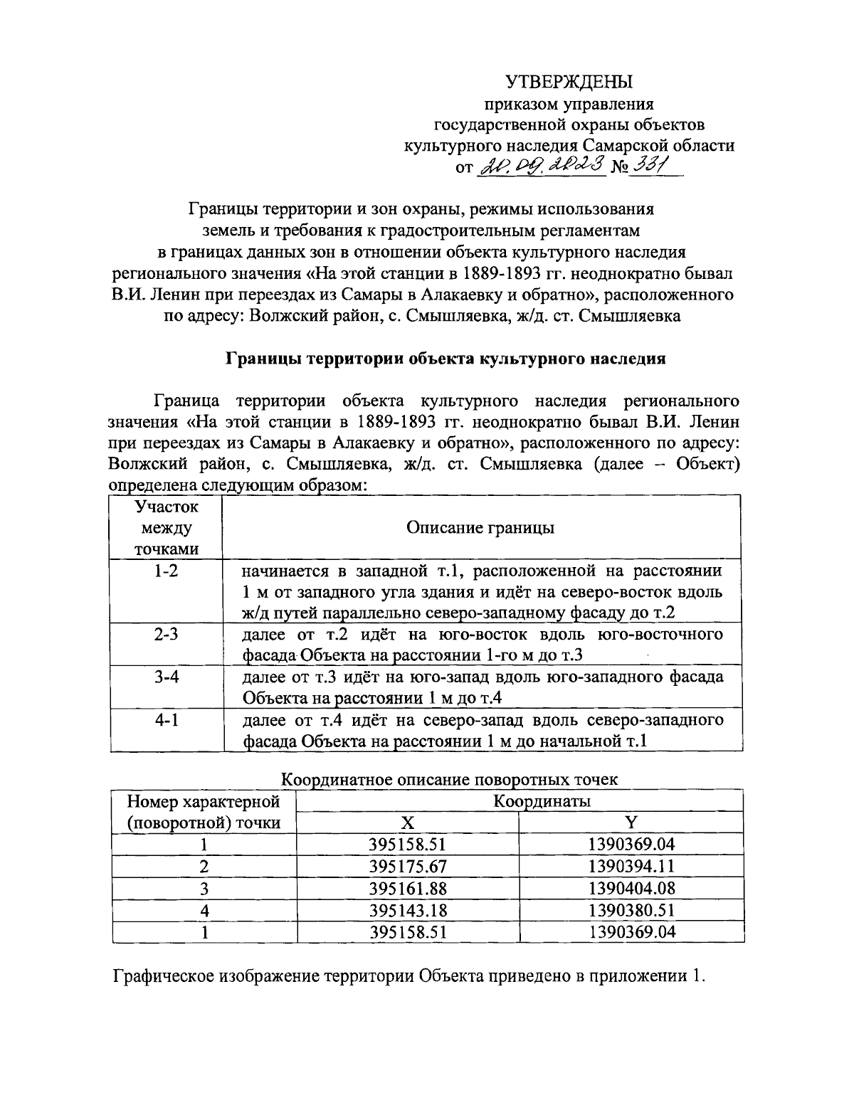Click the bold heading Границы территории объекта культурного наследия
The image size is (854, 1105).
(x=446, y=359)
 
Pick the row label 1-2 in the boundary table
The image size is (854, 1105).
(x=166, y=571)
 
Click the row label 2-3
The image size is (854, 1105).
(x=166, y=634)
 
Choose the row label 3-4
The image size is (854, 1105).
(x=166, y=677)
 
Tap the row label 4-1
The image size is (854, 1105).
(x=166, y=719)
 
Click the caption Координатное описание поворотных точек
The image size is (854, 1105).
(x=450, y=779)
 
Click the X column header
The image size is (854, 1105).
(x=407, y=823)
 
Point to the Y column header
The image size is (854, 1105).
(x=631, y=823)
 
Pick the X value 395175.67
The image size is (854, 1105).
(x=407, y=867)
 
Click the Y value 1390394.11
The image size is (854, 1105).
(x=631, y=867)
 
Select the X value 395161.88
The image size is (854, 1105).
(x=407, y=889)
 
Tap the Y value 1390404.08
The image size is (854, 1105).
(x=631, y=889)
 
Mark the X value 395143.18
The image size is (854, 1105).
(x=407, y=910)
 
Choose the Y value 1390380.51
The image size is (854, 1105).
(x=631, y=910)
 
